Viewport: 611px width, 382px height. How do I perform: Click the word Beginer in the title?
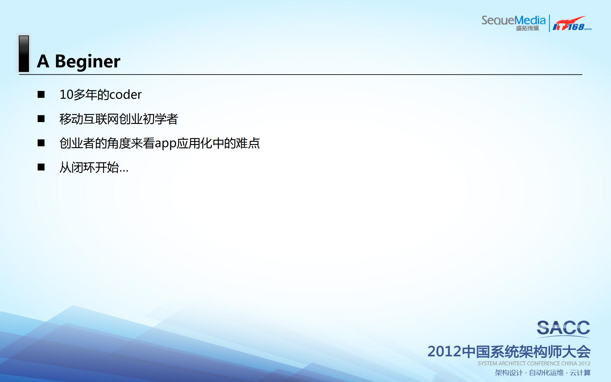(88, 61)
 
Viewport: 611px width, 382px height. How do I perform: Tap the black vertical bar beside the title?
(24, 54)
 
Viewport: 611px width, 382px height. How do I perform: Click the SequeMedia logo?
(513, 21)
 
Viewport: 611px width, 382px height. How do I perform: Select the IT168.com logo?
(572, 24)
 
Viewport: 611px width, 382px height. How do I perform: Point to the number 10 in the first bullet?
(66, 95)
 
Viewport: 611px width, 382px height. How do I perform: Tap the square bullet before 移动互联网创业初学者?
(41, 119)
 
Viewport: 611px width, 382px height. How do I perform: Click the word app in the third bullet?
(166, 143)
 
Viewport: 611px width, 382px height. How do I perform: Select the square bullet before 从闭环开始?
(41, 167)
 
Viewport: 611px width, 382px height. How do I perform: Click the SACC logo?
(563, 328)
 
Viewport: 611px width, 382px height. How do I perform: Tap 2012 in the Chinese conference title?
(444, 352)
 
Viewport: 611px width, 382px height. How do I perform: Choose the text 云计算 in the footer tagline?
(580, 373)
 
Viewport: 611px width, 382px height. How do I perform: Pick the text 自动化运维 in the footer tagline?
(546, 373)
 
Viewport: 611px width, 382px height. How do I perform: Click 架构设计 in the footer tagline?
(508, 373)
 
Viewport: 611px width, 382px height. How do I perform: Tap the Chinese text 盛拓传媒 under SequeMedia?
(527, 28)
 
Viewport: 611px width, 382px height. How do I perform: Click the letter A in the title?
(43, 61)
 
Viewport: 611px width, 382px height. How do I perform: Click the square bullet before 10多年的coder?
(41, 95)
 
